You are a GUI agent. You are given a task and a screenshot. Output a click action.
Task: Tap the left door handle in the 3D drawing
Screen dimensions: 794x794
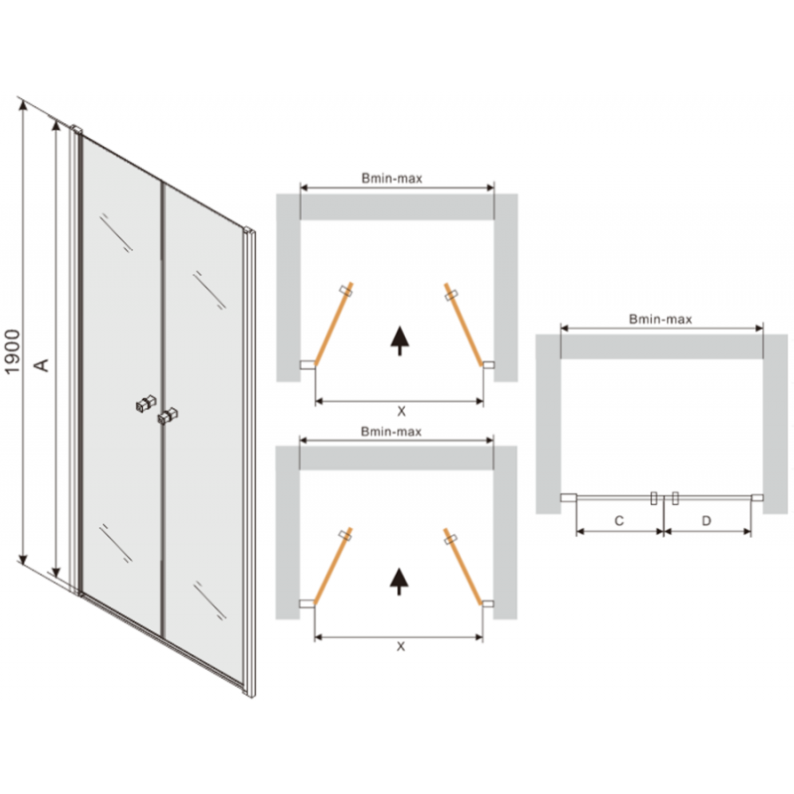tap(147, 406)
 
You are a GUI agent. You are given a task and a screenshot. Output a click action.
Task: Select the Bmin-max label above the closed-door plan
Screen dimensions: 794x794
tap(660, 320)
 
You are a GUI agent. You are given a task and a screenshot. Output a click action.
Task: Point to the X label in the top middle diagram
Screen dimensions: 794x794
tap(400, 410)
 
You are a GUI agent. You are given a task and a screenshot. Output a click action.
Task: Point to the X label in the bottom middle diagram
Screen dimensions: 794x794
tap(400, 646)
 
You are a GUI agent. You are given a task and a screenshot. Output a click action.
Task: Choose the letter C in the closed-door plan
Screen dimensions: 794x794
tap(617, 520)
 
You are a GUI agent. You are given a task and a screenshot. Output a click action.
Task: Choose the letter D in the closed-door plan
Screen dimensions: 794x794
tap(707, 520)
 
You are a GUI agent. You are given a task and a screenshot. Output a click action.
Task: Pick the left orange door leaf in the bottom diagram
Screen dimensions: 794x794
tap(331, 566)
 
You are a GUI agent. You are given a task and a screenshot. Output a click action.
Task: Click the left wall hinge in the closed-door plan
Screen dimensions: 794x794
tap(567, 499)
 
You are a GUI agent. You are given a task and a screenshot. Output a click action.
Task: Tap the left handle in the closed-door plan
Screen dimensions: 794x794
tap(654, 498)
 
